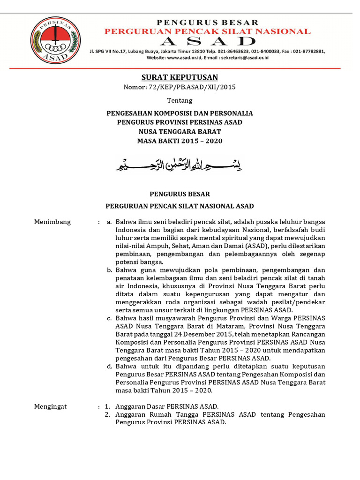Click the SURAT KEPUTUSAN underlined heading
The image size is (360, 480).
point(180,77)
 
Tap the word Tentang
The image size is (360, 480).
point(180,100)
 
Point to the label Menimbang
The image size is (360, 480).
point(52,222)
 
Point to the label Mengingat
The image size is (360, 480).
point(51,406)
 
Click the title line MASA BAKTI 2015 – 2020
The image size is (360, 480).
point(180,141)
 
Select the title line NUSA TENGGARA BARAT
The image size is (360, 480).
point(180,132)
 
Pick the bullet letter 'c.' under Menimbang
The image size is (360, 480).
point(109,318)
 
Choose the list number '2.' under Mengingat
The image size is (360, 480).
point(107,414)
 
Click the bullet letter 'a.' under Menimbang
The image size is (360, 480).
point(109,222)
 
